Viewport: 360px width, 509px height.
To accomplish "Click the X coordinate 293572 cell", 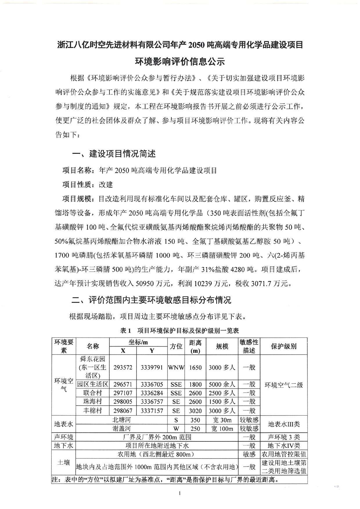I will [x=123, y=367].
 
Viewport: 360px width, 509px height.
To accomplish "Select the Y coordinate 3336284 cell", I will [x=152, y=393].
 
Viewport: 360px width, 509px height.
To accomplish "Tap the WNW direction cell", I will [x=176, y=367].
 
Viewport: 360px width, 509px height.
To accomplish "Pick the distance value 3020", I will [x=195, y=411].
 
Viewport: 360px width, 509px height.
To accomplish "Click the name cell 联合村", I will [x=92, y=393].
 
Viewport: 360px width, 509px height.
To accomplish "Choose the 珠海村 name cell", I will [x=92, y=402].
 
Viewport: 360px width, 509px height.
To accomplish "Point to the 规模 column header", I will [x=222, y=346].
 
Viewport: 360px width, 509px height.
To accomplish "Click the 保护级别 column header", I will [x=283, y=346].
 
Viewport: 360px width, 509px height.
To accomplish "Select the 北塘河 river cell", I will [x=122, y=420].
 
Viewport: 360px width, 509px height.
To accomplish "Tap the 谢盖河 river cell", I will [x=122, y=428].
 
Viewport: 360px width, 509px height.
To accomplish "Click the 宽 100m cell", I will [x=222, y=429].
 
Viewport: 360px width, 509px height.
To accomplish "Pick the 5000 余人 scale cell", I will [x=222, y=385].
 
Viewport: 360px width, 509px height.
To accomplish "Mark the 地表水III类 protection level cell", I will [x=283, y=424].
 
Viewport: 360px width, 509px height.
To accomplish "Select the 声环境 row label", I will [x=64, y=437].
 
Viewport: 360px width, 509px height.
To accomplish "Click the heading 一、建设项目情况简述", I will [x=114, y=154].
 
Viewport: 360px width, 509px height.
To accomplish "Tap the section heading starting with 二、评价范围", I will [x=151, y=300].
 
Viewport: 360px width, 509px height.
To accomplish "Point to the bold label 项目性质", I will [x=76, y=185].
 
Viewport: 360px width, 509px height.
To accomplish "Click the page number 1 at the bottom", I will [x=180, y=493].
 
